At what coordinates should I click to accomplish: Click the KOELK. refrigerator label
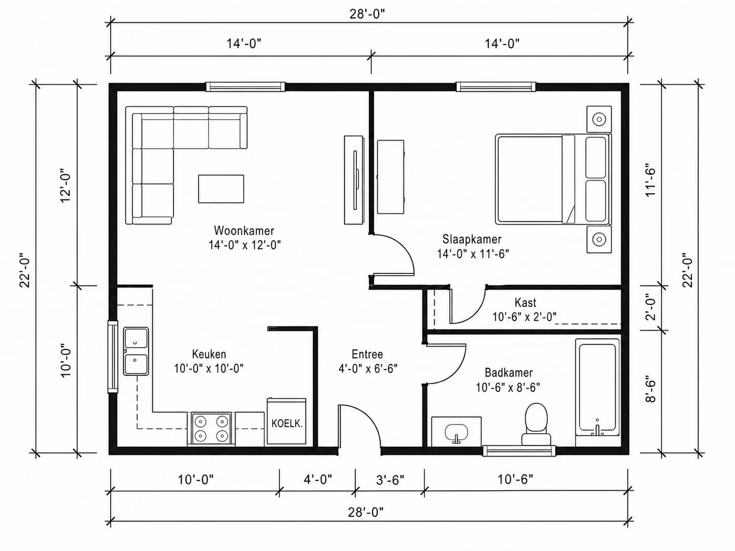point(287,424)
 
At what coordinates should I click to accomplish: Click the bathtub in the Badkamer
point(597,388)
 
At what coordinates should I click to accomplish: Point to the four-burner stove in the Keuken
point(211,429)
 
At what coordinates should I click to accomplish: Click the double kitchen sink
point(136,351)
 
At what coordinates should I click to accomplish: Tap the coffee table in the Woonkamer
point(221,189)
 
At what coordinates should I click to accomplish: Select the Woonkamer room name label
point(244,230)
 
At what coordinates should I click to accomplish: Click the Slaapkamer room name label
point(472,239)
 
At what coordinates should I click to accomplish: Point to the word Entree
point(367,354)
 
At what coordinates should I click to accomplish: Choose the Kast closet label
point(525,303)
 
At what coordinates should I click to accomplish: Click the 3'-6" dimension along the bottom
point(390,480)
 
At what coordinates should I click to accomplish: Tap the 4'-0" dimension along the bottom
point(318,479)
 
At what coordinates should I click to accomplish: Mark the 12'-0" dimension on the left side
point(65,186)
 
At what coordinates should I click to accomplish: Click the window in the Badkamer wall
point(519,451)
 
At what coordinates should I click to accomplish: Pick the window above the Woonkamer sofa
point(245,87)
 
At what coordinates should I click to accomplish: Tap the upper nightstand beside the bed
point(599,119)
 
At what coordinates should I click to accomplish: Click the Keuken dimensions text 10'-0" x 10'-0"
point(209,369)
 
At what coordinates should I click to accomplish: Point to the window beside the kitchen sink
point(113,357)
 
